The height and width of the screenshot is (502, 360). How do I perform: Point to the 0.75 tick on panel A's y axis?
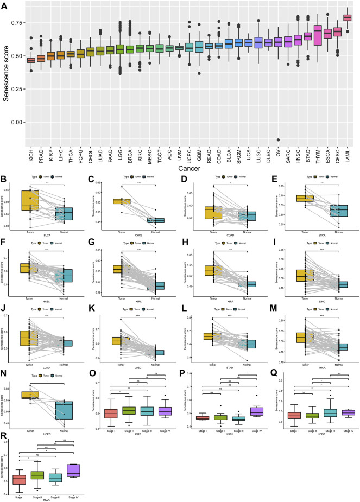(16, 23)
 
